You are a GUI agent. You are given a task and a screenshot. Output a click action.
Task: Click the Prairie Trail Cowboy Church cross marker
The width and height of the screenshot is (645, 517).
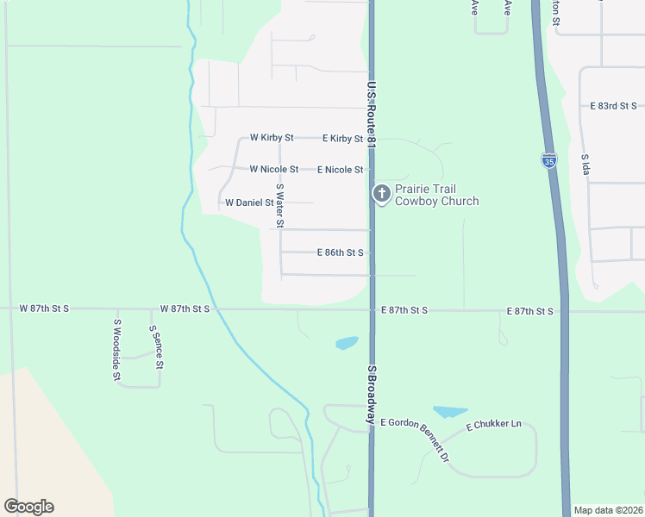click(x=381, y=194)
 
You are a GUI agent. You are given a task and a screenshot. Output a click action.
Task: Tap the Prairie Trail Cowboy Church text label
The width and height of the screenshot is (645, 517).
click(x=436, y=195)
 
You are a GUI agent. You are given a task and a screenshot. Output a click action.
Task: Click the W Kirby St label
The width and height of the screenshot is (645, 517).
click(x=272, y=138)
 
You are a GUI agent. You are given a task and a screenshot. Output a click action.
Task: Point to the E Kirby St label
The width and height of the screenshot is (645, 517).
click(x=342, y=138)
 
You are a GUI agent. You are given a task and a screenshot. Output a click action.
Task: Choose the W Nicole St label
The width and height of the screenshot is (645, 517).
click(x=274, y=170)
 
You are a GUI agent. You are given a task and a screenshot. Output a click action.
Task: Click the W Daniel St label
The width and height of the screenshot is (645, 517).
click(x=249, y=203)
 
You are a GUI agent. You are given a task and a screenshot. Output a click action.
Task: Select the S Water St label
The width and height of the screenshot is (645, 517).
click(x=279, y=206)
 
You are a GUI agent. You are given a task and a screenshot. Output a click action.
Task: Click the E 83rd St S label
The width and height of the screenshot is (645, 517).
click(x=613, y=106)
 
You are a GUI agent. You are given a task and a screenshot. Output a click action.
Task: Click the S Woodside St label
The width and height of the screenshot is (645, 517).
click(x=116, y=350)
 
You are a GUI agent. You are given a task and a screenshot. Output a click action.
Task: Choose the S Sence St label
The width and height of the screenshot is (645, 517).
click(x=156, y=347)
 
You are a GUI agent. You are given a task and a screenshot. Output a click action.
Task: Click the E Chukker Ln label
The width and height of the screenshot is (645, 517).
click(x=494, y=425)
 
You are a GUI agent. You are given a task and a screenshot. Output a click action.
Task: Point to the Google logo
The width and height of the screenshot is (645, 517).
click(x=28, y=507)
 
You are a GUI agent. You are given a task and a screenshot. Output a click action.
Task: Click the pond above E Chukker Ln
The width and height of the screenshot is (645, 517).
click(x=449, y=412)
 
